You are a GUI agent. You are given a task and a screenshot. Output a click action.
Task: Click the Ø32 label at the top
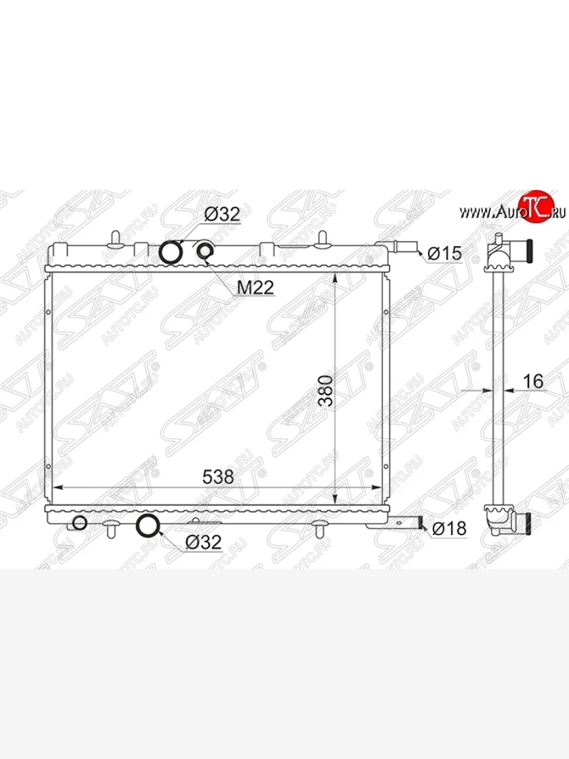tap(222, 214)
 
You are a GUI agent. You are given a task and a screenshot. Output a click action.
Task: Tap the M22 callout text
tap(255, 287)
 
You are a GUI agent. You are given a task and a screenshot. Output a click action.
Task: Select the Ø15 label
tap(444, 254)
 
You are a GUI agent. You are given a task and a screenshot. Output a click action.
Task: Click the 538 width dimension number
tap(218, 477)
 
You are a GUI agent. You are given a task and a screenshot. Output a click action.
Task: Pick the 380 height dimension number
tap(326, 391)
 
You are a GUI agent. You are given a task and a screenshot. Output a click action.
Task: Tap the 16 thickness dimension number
tap(534, 381)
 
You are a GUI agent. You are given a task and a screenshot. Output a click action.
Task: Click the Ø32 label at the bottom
tap(203, 542)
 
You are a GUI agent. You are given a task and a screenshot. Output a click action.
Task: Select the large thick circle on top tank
tap(171, 252)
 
